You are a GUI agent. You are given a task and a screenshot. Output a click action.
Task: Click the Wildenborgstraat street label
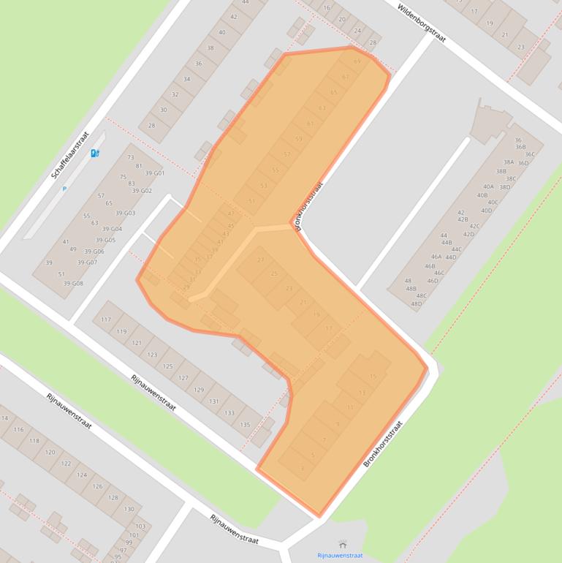[x=422, y=22]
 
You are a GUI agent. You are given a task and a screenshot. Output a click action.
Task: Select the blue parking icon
[x=95, y=153]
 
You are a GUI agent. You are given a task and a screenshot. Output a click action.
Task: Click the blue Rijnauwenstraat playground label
[x=340, y=556]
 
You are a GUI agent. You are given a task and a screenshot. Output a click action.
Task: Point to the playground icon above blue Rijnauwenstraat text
[x=343, y=544]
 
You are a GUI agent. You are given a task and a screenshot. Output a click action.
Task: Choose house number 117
[x=107, y=320]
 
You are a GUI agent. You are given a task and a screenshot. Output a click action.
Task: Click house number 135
[x=246, y=424]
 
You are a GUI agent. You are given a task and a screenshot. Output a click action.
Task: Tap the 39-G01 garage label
[x=154, y=173]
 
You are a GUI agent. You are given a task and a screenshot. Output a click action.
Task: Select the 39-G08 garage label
[x=73, y=283]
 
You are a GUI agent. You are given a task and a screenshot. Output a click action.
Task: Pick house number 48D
[x=417, y=303]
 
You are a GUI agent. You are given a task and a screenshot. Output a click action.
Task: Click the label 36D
[x=523, y=163]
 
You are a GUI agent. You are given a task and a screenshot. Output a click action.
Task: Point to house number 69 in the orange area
[x=357, y=61]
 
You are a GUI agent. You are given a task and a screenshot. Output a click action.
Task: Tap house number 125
[x=168, y=366]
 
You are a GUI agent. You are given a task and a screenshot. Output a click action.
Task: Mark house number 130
[x=129, y=509]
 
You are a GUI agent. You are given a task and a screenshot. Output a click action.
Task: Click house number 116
[x=19, y=430]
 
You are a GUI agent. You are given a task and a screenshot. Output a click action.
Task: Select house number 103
[x=140, y=526]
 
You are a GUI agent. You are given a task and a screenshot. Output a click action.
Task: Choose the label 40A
[x=488, y=186]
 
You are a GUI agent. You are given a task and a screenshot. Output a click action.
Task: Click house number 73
[x=131, y=157]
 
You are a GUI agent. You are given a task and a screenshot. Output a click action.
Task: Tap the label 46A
[x=436, y=257]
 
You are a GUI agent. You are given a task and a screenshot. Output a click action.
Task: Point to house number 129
[x=199, y=390]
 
